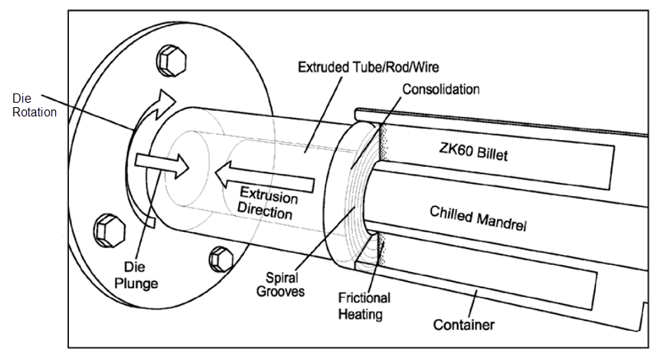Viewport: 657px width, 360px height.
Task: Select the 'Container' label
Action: click(x=463, y=325)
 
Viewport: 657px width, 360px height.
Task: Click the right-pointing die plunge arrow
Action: click(x=161, y=162)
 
